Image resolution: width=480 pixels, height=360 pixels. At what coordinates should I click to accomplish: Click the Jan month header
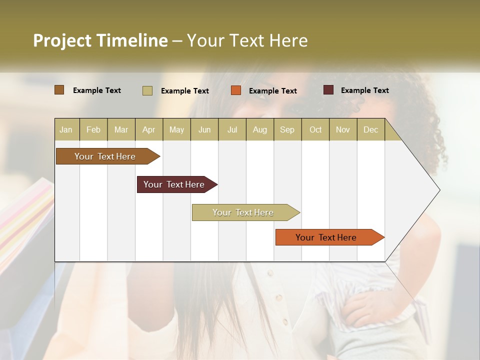point(66,129)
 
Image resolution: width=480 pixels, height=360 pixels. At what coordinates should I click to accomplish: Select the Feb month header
point(93,129)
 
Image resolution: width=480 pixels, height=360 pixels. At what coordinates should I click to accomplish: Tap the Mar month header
point(121,129)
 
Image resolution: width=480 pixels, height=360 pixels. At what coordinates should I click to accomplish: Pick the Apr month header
point(149,129)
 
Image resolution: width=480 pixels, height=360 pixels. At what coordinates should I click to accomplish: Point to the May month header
point(176,129)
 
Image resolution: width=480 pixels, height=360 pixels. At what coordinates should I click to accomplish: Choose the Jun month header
point(204,129)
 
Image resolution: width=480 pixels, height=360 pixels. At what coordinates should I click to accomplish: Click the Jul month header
point(232,129)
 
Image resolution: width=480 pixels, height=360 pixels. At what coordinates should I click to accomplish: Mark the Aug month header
point(259,129)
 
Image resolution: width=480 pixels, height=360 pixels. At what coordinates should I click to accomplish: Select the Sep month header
point(287,129)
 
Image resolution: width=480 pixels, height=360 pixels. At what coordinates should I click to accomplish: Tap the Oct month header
point(315,129)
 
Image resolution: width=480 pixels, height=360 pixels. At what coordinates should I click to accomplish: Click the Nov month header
point(343,129)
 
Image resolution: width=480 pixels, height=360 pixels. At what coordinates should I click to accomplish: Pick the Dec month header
point(370,129)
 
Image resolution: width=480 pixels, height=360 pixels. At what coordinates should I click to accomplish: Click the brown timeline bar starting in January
point(105,156)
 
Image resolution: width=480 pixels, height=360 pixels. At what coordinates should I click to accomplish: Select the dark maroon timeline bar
point(174,184)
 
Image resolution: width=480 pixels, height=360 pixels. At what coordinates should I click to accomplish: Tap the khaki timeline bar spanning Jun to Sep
point(243,212)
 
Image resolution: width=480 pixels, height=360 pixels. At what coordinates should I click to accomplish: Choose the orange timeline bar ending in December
point(326,237)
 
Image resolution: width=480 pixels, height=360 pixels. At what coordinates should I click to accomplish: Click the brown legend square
point(59,90)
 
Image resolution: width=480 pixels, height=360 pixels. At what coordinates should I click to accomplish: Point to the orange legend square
point(236,90)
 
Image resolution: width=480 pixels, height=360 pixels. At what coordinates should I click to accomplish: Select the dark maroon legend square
point(328,90)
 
